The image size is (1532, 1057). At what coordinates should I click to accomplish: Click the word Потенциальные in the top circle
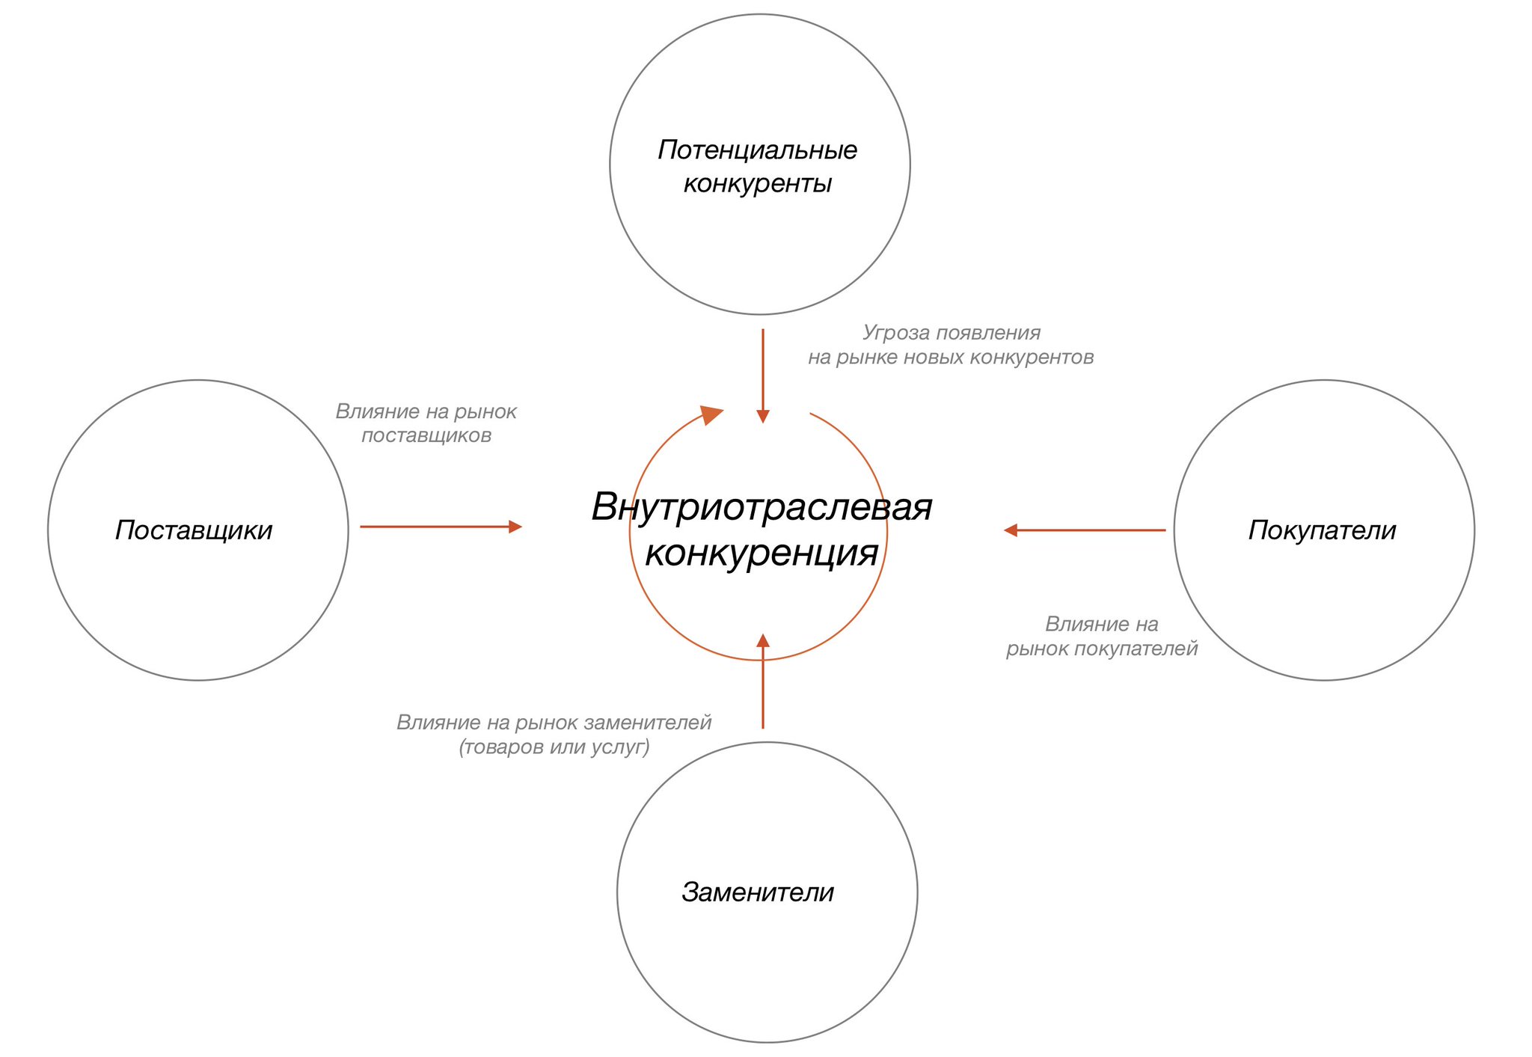tap(758, 150)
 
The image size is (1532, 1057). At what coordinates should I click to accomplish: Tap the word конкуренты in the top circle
tap(758, 183)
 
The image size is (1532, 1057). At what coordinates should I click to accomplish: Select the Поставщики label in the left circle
tap(194, 530)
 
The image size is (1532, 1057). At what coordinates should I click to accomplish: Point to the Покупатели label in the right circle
tap(1323, 530)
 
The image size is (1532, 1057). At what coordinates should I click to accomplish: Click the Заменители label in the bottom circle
tap(758, 892)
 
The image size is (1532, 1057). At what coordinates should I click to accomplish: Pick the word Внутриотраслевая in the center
tap(762, 507)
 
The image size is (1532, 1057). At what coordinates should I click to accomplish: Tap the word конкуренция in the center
tap(762, 553)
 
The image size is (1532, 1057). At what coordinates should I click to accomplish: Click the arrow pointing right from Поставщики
tap(441, 527)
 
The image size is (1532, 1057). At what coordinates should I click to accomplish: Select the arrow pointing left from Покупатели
tap(1085, 530)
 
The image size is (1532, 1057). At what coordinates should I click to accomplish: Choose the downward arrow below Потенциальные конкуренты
tap(763, 376)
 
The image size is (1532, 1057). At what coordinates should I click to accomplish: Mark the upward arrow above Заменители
tap(763, 681)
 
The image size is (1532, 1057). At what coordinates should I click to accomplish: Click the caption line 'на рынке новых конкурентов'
tap(951, 358)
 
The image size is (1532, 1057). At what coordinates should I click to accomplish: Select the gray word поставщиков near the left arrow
tap(426, 435)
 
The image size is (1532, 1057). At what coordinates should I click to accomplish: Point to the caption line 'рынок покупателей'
tap(1102, 649)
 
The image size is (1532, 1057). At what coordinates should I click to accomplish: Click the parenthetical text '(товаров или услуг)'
tap(554, 747)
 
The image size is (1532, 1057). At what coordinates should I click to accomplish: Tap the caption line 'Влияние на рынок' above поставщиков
tap(426, 411)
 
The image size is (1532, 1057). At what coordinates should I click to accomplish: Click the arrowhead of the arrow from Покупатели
tap(1010, 530)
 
